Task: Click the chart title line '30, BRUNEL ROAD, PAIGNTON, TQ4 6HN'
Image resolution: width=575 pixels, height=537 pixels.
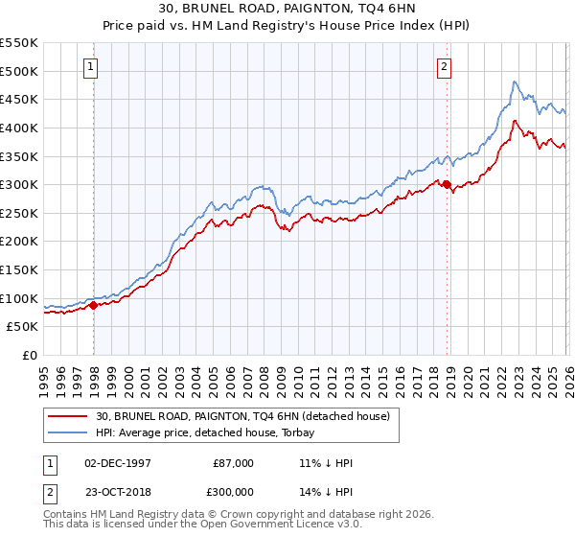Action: coord(287,9)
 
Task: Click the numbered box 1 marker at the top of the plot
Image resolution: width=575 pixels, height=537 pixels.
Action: coord(90,67)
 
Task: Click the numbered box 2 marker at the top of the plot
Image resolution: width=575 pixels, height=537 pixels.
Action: coord(445,67)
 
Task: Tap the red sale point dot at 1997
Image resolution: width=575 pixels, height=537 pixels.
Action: coord(94,305)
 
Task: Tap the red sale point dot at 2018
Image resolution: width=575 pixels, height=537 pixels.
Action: coord(448,185)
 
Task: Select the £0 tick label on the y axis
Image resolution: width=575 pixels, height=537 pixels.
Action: coord(31,355)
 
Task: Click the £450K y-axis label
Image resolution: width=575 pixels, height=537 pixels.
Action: coord(19,99)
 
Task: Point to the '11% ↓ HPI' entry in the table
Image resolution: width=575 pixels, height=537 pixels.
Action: coord(326,463)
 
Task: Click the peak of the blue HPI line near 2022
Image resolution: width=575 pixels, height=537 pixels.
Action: coord(515,82)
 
